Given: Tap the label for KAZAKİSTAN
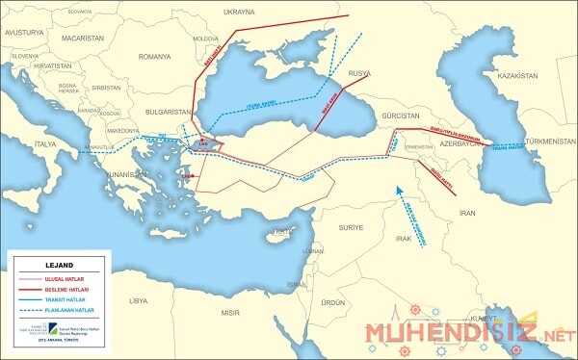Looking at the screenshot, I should tap(517, 75).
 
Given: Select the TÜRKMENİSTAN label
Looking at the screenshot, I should tap(544, 141).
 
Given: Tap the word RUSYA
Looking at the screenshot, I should tap(359, 73).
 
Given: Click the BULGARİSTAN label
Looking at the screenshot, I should tap(155, 111).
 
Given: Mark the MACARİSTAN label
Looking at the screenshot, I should tap(83, 38).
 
